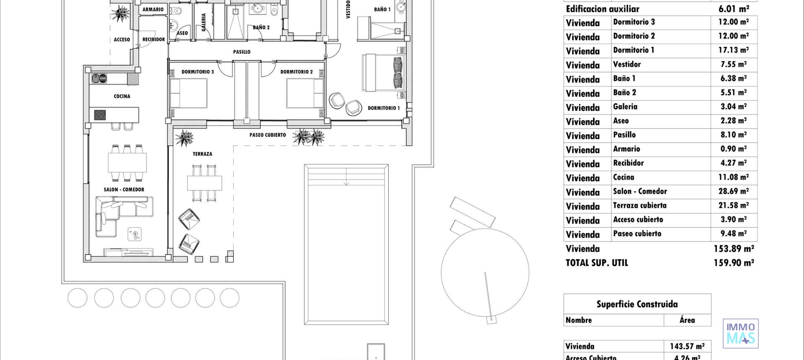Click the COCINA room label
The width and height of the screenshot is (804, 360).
(122, 96)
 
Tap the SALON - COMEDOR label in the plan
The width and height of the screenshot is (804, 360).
(124, 190)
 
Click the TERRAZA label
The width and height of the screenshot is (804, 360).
(202, 154)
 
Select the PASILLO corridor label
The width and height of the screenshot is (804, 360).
(242, 52)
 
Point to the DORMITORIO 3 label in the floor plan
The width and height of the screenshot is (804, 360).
(197, 72)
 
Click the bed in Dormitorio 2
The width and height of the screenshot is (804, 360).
(305, 93)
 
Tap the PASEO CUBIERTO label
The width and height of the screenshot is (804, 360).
(268, 135)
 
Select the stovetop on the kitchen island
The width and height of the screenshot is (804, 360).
(100, 115)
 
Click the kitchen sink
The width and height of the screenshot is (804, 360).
(99, 78)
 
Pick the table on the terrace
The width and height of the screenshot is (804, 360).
(204, 183)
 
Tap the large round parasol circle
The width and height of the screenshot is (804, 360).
(485, 273)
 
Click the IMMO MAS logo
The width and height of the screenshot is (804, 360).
(740, 334)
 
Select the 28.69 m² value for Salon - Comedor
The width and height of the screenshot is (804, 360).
(733, 192)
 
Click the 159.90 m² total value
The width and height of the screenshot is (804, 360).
(734, 263)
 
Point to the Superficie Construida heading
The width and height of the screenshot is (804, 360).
(637, 304)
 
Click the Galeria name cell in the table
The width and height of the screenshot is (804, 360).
(625, 107)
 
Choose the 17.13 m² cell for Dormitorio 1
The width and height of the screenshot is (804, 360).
(733, 50)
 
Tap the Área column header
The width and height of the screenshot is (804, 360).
(687, 320)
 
